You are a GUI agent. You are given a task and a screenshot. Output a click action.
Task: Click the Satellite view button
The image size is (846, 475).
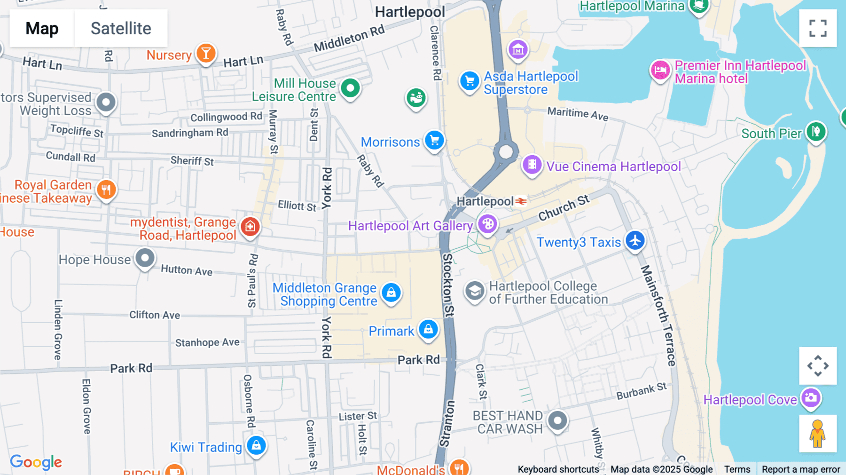point(121,28)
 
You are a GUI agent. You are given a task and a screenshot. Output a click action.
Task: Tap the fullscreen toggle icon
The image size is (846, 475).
point(818,28)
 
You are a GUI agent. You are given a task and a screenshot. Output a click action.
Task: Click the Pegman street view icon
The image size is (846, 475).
point(817,433)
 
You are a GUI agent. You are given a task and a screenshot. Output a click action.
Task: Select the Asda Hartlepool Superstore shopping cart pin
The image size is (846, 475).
point(469,81)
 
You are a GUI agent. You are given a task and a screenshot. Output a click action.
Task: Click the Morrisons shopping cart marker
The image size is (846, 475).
point(434,140)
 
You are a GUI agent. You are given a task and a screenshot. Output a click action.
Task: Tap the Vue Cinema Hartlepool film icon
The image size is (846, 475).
point(532,165)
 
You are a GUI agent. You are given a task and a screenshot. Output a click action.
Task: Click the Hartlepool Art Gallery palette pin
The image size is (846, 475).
point(488,224)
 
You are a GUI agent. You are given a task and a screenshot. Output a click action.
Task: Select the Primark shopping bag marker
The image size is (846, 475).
point(428,329)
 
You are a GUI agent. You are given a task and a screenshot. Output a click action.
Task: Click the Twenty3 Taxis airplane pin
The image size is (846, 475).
point(635,240)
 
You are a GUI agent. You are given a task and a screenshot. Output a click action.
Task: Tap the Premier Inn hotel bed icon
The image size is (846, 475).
point(660,71)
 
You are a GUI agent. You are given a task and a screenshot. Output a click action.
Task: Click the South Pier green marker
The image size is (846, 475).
point(816,132)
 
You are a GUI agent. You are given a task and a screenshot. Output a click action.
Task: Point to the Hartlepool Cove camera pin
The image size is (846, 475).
point(811,398)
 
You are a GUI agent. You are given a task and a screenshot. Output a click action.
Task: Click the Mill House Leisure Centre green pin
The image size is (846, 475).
point(350,88)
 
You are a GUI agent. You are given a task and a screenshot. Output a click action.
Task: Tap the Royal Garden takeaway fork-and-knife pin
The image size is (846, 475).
point(106,190)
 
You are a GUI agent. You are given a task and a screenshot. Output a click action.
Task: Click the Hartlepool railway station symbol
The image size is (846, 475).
point(521,201)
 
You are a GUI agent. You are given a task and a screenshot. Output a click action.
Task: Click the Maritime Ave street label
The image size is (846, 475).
point(578,113)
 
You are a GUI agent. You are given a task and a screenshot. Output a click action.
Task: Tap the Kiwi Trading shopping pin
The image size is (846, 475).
point(256,445)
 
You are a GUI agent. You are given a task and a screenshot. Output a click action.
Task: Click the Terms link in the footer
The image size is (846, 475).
point(737,469)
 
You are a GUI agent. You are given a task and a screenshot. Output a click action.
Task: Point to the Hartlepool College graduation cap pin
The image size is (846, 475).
point(475,291)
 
